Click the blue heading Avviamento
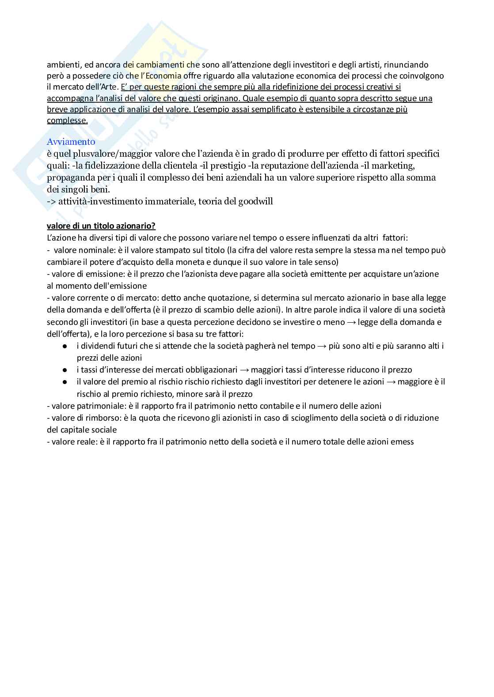pyautogui.click(x=71, y=142)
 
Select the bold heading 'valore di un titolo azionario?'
pyautogui.click(x=101, y=226)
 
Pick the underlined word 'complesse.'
pyautogui.click(x=67, y=120)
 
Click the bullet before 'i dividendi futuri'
pyautogui.click(x=65, y=346)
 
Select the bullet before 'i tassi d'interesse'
pyautogui.click(x=65, y=370)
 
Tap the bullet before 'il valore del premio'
pyautogui.click(x=65, y=382)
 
